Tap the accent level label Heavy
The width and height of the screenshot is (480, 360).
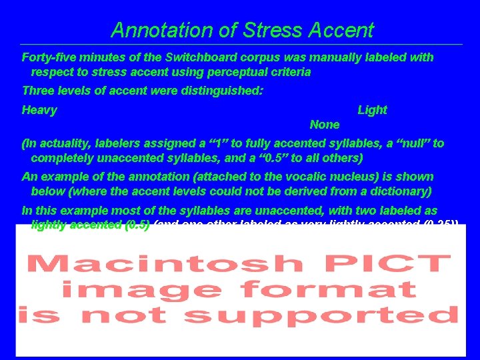[x=39, y=110]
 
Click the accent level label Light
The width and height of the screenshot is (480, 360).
[x=372, y=110]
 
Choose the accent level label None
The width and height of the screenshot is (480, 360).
[x=325, y=125]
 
